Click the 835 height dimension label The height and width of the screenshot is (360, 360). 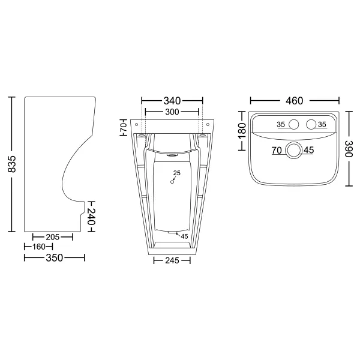(x=11, y=164)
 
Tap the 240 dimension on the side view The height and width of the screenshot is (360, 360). (x=91, y=217)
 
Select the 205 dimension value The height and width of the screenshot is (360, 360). (x=53, y=237)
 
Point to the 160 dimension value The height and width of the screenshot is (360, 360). (x=39, y=247)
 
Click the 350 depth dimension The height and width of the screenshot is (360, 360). (x=55, y=258)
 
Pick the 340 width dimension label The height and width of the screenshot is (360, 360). (x=172, y=101)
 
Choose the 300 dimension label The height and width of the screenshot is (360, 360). (x=172, y=112)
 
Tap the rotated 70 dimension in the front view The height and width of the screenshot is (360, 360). (x=124, y=127)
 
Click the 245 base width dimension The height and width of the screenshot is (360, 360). (x=172, y=260)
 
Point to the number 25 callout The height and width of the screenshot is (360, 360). (x=177, y=173)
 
